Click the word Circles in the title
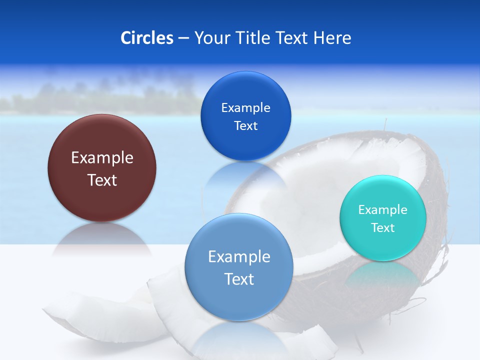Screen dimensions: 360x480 [147, 38]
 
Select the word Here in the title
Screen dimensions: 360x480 [332, 38]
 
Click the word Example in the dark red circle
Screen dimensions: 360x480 [102, 158]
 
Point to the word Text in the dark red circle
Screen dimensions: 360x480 [102, 180]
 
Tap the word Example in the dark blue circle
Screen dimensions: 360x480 [246, 108]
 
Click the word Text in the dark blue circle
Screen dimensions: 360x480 [246, 126]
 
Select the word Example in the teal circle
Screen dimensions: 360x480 [383, 210]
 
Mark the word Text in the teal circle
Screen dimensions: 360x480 [383, 228]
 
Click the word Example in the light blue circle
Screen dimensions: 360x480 [239, 257]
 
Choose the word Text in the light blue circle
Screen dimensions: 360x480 [239, 279]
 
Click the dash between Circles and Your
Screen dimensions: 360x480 [183, 38]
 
